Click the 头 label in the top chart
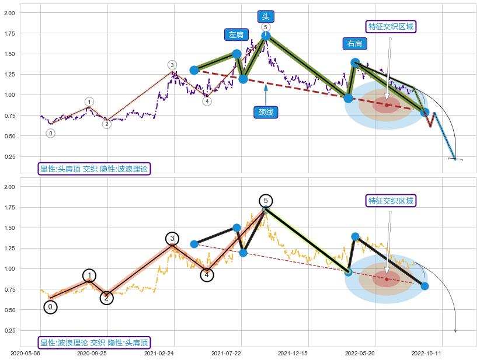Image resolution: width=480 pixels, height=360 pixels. click(266, 16)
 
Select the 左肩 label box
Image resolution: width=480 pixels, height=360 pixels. click(236, 35)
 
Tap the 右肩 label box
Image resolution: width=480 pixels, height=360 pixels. click(354, 44)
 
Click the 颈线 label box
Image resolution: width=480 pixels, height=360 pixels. click(266, 112)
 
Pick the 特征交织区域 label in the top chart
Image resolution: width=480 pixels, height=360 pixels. click(391, 26)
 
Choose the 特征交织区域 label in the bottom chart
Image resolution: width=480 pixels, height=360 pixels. click(391, 201)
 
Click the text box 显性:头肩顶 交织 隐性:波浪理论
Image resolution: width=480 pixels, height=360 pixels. click(94, 169)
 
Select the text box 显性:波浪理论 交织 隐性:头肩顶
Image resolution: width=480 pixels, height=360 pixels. click(94, 342)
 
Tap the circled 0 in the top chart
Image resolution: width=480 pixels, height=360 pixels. click(51, 134)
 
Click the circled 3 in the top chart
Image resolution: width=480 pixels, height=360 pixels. click(172, 65)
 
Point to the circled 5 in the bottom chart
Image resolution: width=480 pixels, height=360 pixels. click(266, 201)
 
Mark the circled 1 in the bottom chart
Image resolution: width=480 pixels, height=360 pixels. click(89, 276)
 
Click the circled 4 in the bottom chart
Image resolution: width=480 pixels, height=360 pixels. click(207, 274)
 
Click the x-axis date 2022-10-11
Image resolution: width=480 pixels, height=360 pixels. click(426, 353)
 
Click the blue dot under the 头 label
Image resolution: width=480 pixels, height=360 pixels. click(266, 36)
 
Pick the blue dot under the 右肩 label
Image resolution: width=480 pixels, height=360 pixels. click(355, 62)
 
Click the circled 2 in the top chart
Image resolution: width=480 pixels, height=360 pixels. click(106, 124)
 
